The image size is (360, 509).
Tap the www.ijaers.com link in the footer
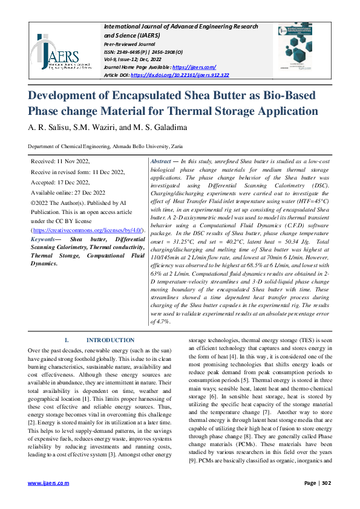tap(49, 483)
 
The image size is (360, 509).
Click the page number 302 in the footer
tap(326, 483)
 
